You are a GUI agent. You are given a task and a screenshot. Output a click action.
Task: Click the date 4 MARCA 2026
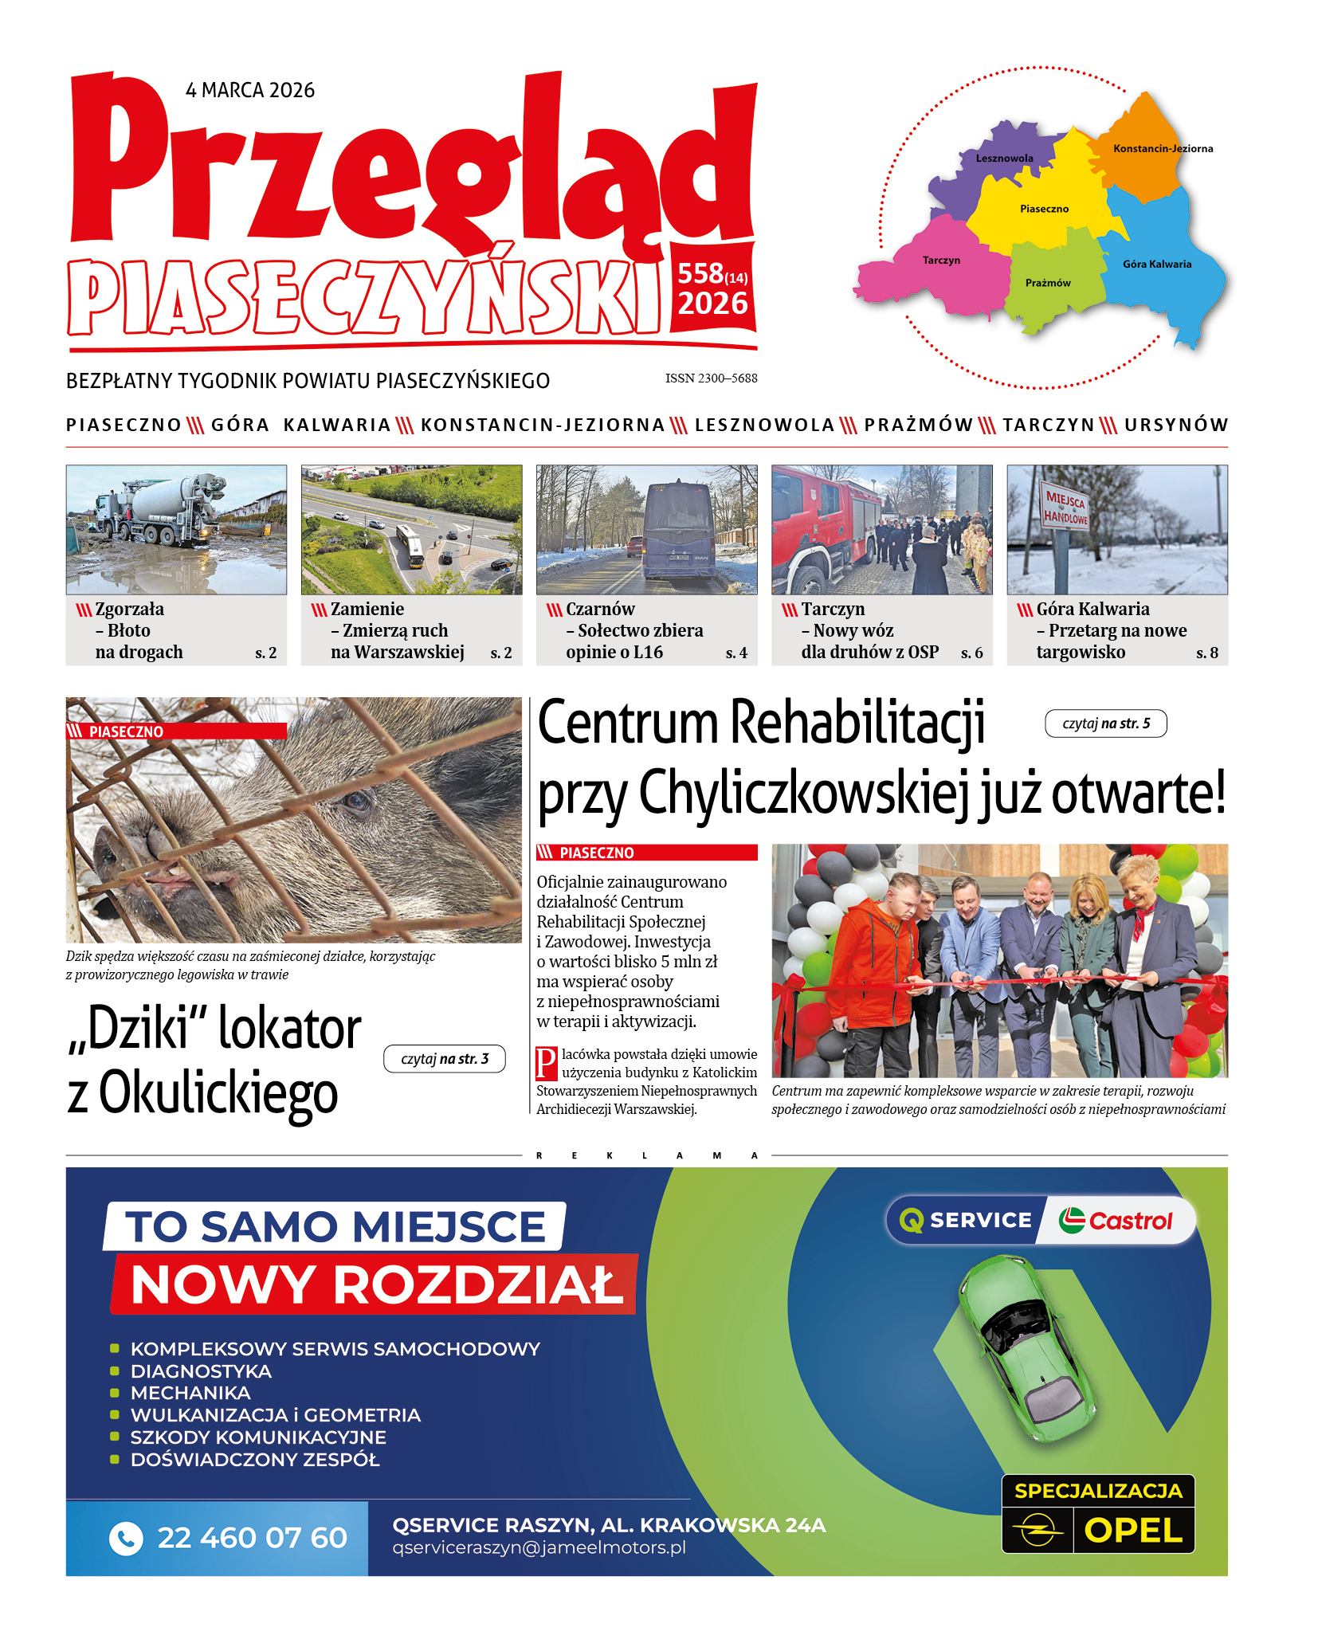250,90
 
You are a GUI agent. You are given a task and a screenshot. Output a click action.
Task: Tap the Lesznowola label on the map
1004,158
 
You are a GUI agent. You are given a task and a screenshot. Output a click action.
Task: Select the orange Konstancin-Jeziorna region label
1163,148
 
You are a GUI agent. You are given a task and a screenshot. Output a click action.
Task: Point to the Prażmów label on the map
1048,283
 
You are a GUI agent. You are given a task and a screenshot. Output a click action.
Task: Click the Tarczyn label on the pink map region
941,260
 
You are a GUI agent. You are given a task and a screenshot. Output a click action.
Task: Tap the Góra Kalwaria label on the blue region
1157,264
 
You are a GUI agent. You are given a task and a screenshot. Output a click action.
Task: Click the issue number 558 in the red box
700,273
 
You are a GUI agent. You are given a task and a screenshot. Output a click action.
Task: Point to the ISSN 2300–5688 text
711,378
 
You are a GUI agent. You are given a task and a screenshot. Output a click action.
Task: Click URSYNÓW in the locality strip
1176,425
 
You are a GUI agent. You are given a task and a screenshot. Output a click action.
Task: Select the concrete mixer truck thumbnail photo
176,529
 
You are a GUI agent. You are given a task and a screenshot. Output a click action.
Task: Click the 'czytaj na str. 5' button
1105,724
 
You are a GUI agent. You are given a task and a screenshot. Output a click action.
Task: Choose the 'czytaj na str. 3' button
444,1059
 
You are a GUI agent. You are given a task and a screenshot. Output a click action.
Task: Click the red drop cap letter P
546,1063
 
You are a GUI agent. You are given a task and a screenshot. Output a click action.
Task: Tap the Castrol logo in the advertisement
1116,1220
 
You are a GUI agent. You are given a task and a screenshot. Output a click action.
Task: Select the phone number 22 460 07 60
252,1537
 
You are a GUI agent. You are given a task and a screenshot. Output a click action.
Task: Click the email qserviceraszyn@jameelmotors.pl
539,1547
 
